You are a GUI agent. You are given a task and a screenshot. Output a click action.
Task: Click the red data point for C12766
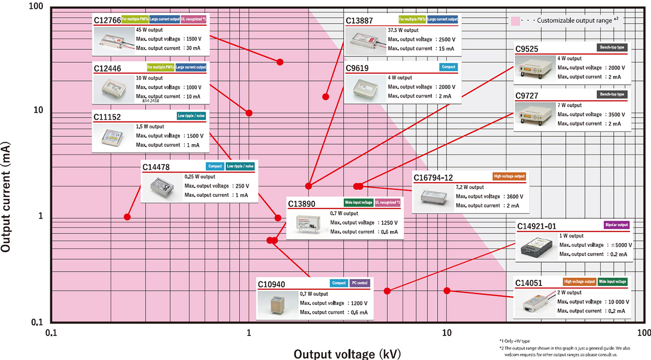[x=280, y=62]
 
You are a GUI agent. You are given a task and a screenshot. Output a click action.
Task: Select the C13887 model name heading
[x=359, y=21]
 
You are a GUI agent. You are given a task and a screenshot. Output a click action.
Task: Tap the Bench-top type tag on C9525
[x=611, y=47]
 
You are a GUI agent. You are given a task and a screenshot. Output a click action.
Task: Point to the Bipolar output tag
[x=617, y=225]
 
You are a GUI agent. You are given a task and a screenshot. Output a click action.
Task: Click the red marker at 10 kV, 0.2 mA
[x=447, y=291]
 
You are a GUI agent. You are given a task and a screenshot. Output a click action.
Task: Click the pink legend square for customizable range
[x=515, y=21]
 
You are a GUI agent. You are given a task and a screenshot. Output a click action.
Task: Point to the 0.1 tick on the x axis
[x=51, y=333]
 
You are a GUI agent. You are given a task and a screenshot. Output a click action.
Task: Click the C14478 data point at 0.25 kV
[x=127, y=217]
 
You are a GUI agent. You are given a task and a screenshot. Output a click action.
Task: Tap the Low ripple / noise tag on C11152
[x=191, y=116]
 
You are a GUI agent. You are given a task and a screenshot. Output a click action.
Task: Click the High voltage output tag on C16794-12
[x=509, y=176]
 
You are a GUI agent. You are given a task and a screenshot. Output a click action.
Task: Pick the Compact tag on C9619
[x=448, y=67]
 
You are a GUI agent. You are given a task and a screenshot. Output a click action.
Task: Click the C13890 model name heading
[x=301, y=204]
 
